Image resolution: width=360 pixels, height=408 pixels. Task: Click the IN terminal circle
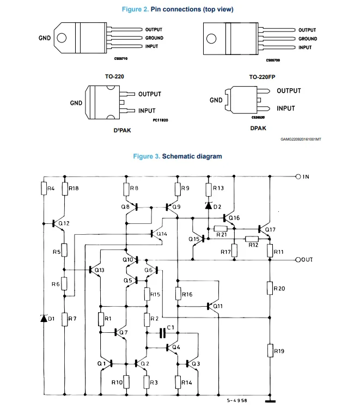click(x=298, y=176)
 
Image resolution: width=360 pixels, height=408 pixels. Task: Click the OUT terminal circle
click(x=298, y=260)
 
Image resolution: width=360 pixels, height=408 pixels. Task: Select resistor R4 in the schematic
click(x=44, y=188)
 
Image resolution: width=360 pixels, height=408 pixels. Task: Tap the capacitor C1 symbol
click(x=162, y=333)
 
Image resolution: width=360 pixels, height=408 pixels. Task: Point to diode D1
click(x=44, y=318)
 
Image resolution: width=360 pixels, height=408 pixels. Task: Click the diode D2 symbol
click(x=209, y=206)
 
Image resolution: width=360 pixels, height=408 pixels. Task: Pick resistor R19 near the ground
click(x=270, y=350)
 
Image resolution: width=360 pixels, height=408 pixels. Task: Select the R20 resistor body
click(x=270, y=288)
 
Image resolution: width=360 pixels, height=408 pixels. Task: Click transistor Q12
click(x=58, y=223)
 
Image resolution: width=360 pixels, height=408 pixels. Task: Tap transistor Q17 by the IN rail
click(x=264, y=229)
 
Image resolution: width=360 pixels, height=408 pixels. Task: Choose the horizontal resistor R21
click(x=221, y=229)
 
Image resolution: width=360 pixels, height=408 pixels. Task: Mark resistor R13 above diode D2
click(x=209, y=190)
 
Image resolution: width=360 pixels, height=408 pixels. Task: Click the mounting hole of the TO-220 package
click(x=62, y=38)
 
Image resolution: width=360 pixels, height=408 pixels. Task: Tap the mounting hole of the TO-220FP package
click(x=211, y=39)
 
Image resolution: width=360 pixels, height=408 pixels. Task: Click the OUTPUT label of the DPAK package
click(x=289, y=91)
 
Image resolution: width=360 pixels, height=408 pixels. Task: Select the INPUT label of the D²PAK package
click(x=147, y=111)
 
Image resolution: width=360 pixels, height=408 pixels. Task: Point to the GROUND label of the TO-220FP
click(x=308, y=39)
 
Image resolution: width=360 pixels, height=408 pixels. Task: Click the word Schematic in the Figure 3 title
click(x=179, y=156)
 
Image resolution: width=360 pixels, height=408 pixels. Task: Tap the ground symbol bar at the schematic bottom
click(x=270, y=401)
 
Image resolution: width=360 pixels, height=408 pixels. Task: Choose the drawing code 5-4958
click(x=237, y=400)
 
